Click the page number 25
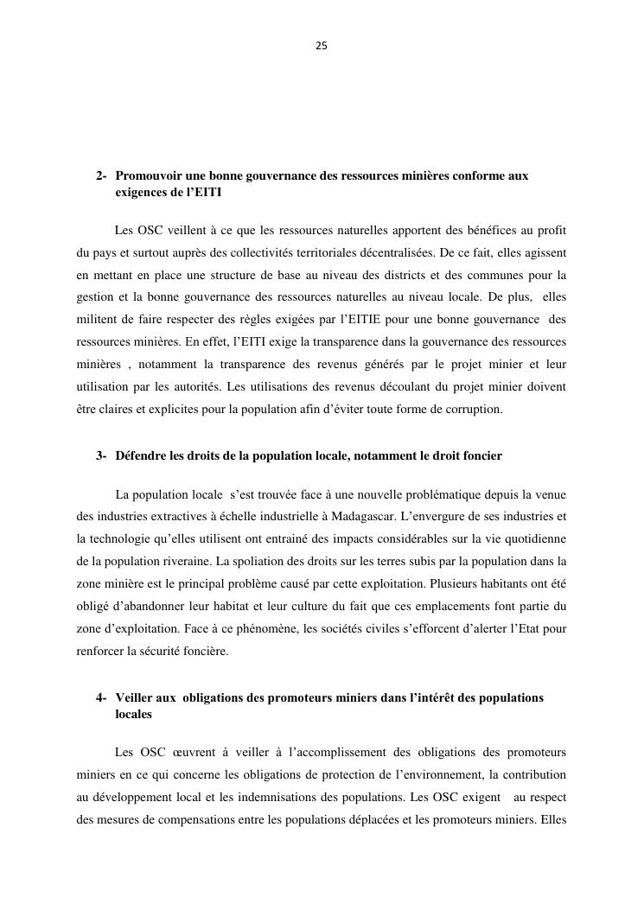point(322,46)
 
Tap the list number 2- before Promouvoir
point(101,176)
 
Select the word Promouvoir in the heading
point(148,176)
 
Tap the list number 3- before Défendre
point(101,455)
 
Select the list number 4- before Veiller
point(101,697)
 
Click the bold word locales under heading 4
point(133,715)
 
